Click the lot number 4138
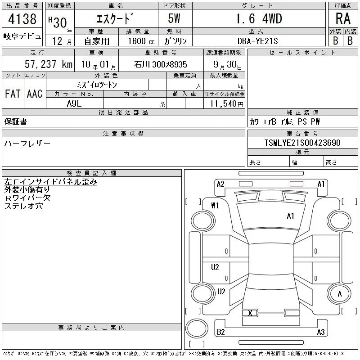click(22, 18)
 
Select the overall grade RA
click(343, 18)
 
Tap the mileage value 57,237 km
click(49, 64)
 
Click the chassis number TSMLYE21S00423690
click(302, 143)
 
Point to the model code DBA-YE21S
click(257, 41)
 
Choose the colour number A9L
click(74, 103)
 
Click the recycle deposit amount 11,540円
click(226, 104)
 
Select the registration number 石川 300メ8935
click(161, 64)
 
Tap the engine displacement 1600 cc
click(141, 41)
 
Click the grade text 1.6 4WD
click(259, 18)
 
